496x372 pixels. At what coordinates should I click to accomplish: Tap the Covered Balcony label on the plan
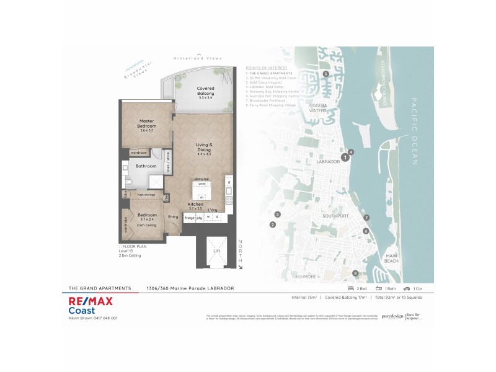(206, 92)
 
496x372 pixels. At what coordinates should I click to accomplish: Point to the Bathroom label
(146, 166)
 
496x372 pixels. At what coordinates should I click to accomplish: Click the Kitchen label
(196, 204)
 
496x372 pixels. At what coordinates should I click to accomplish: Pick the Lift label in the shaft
(216, 268)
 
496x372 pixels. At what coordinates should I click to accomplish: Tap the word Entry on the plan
(172, 216)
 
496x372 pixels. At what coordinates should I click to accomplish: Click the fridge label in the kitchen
(189, 217)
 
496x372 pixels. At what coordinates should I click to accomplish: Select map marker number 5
(325, 74)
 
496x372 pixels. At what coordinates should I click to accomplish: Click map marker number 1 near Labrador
(345, 157)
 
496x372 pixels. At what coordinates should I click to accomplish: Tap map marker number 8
(355, 273)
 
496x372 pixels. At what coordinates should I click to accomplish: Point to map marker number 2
(272, 224)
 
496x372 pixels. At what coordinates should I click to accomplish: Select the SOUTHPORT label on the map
(335, 216)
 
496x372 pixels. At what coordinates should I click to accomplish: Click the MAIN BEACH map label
(391, 258)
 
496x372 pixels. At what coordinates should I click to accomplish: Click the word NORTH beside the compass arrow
(241, 251)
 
